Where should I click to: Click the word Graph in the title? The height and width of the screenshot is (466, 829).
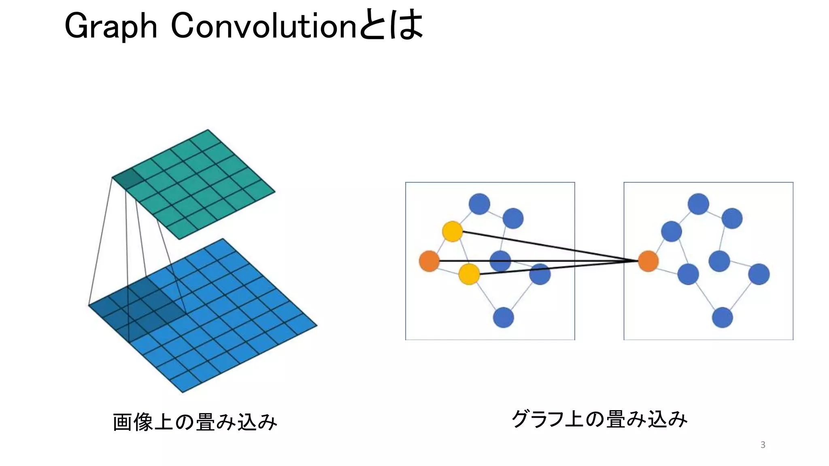tap(111, 27)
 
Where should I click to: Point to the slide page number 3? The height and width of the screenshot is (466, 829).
tap(763, 445)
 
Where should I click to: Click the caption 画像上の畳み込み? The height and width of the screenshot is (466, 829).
tap(195, 422)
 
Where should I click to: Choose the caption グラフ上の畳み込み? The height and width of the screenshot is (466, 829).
tap(599, 419)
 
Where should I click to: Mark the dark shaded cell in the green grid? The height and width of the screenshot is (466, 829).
tap(128, 179)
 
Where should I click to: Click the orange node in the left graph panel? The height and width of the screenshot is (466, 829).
tap(429, 261)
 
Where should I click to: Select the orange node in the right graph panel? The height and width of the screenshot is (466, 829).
tap(648, 261)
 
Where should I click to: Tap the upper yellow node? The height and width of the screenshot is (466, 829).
tap(452, 231)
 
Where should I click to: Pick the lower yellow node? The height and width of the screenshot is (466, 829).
tap(469, 274)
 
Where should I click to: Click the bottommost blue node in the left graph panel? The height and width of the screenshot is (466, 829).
tap(504, 318)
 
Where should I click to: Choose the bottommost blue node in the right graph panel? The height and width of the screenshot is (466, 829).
tap(723, 318)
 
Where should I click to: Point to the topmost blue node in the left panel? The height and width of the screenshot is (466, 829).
tap(479, 203)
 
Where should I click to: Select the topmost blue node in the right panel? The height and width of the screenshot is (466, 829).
tap(698, 203)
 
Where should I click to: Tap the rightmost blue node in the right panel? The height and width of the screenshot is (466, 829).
tap(759, 274)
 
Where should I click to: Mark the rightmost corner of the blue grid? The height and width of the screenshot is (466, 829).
tap(316, 325)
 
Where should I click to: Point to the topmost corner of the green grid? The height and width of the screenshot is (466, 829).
tap(208, 130)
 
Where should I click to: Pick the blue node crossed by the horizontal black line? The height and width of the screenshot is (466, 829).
tap(500, 261)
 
